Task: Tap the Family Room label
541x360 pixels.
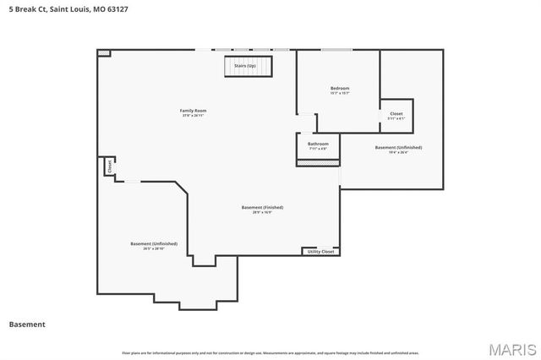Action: pyautogui.click(x=193, y=111)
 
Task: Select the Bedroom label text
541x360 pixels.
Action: pyautogui.click(x=339, y=88)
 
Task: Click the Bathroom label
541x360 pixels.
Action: pyautogui.click(x=318, y=144)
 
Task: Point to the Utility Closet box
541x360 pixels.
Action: pyautogui.click(x=320, y=251)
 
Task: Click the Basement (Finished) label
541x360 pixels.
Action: pyautogui.click(x=262, y=207)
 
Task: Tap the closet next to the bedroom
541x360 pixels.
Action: pyautogui.click(x=396, y=116)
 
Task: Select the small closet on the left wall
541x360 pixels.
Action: pyautogui.click(x=109, y=167)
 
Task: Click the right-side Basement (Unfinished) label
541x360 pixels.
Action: pyautogui.click(x=398, y=147)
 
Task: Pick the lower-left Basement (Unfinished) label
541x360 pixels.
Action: pyautogui.click(x=154, y=243)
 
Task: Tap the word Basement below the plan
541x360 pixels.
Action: pyautogui.click(x=27, y=324)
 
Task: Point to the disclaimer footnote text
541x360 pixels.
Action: pyautogui.click(x=270, y=352)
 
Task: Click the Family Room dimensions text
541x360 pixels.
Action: pyautogui.click(x=193, y=116)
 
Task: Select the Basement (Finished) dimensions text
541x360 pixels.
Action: pyautogui.click(x=262, y=212)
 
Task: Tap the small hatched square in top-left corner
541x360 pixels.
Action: pyautogui.click(x=103, y=53)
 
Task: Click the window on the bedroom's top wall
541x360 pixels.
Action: pyautogui.click(x=336, y=49)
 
